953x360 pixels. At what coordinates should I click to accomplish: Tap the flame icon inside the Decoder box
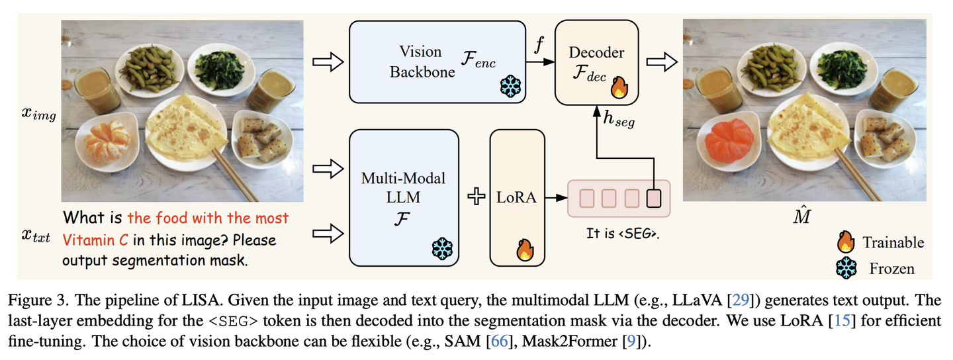(619, 87)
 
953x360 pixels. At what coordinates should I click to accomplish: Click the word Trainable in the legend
(893, 242)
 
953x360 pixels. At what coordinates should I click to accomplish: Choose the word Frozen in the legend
(892, 268)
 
